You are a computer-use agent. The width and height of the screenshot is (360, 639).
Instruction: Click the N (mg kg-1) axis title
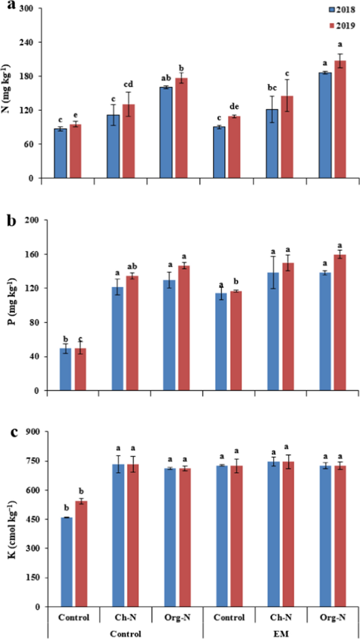[x=10, y=92]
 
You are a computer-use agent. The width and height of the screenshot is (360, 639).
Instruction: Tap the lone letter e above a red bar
[x=76, y=116]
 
